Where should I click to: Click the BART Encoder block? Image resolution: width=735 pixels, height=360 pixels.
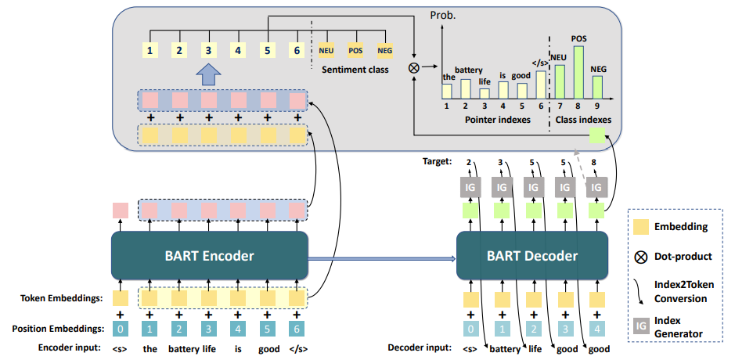pyautogui.click(x=211, y=255)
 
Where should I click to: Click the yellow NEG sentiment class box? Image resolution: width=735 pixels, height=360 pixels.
pyautogui.click(x=384, y=51)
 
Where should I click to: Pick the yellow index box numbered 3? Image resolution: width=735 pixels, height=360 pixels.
pyautogui.click(x=208, y=51)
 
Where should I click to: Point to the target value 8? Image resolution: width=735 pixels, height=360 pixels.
pyautogui.click(x=596, y=163)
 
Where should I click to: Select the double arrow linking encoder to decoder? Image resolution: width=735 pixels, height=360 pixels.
pyautogui.click(x=383, y=256)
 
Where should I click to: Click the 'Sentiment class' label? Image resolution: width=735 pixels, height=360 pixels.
pyautogui.click(x=355, y=70)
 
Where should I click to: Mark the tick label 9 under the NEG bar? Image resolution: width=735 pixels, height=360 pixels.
pyautogui.click(x=597, y=106)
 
